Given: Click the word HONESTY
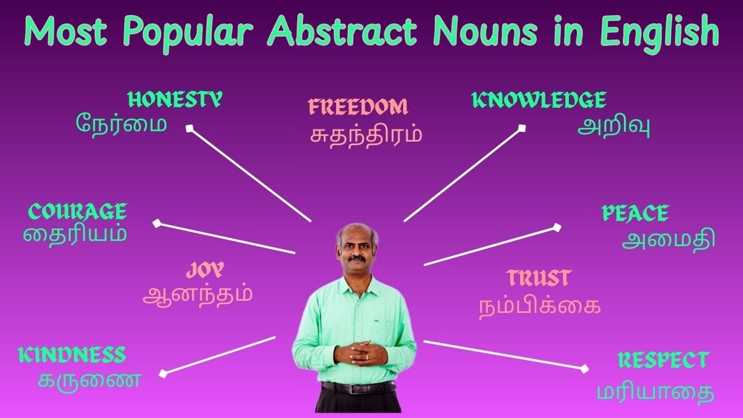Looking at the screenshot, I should [x=174, y=100].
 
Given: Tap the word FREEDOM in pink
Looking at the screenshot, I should [x=358, y=107].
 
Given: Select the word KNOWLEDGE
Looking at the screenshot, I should [x=539, y=101].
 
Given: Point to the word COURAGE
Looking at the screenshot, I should [x=77, y=212].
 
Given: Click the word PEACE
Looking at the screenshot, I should [x=635, y=214].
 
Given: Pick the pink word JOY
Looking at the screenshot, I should [x=205, y=270].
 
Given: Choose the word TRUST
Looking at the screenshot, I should [x=539, y=278].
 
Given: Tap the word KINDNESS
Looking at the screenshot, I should [x=72, y=355].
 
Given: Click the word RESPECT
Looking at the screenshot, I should [x=662, y=360].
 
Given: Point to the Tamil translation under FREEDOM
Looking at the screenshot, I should [x=366, y=136].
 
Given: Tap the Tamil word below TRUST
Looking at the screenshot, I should [x=539, y=306].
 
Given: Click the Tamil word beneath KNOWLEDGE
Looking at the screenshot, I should [x=613, y=127].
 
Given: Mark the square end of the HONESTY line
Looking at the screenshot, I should [x=189, y=128].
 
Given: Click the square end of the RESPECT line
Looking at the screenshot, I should [x=584, y=368].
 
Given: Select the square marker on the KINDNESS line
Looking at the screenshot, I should [x=163, y=374].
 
